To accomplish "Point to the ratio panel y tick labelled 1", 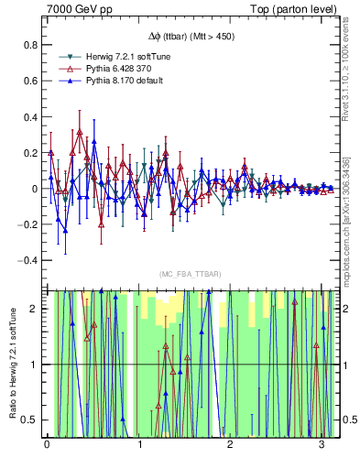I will (36, 365).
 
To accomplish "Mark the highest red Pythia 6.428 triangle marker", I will (80, 133).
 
